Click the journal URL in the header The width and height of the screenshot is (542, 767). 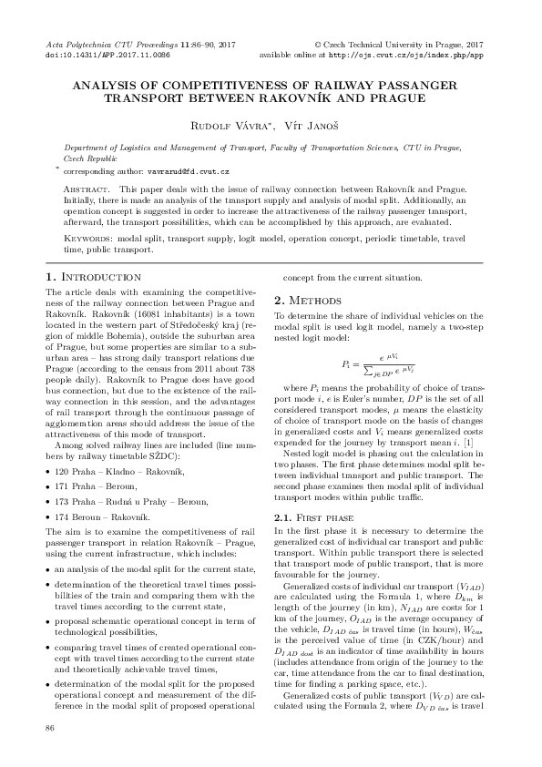[x=405, y=54]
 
